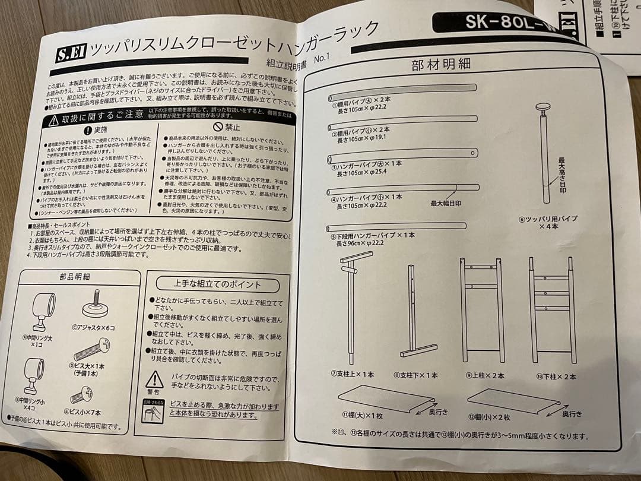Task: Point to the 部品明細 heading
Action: [75, 276]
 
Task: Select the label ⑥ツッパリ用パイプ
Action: [548, 223]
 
